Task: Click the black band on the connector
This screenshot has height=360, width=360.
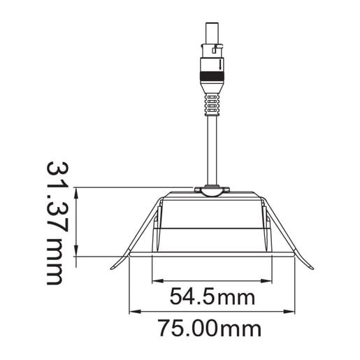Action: pos(211,71)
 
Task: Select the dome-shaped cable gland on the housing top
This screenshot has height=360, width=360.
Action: pos(211,190)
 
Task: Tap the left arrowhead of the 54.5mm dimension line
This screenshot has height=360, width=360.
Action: pos(155,281)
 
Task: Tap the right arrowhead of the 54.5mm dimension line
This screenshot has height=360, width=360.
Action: pos(269,281)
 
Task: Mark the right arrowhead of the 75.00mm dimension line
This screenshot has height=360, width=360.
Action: pos(291,312)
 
